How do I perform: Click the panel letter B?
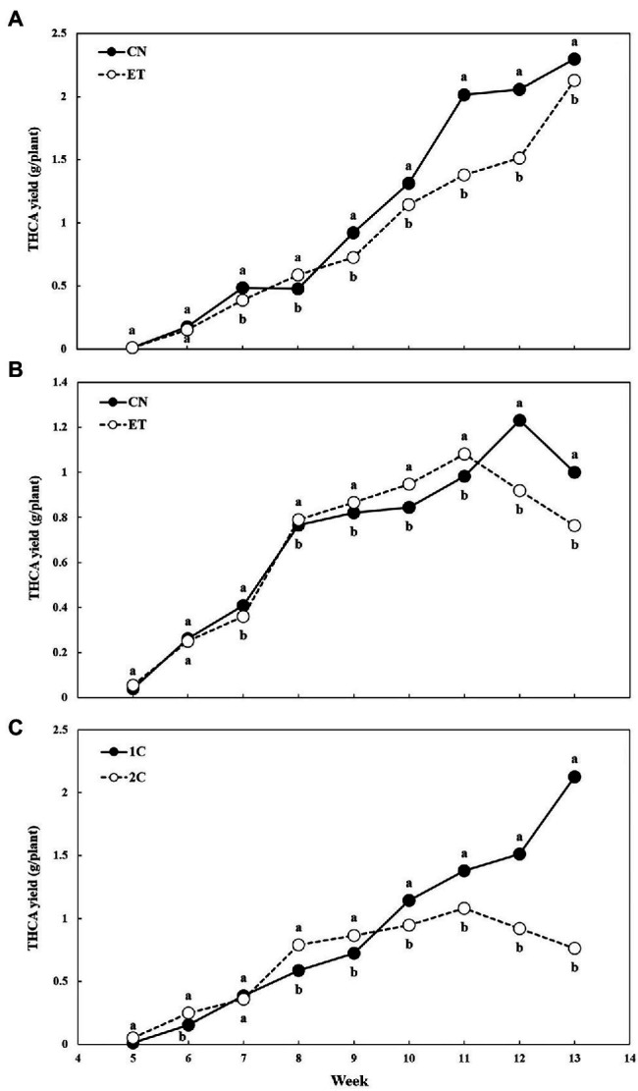(x=14, y=372)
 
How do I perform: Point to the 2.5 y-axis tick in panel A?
(x=61, y=34)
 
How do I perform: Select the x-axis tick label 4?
(x=78, y=1061)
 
